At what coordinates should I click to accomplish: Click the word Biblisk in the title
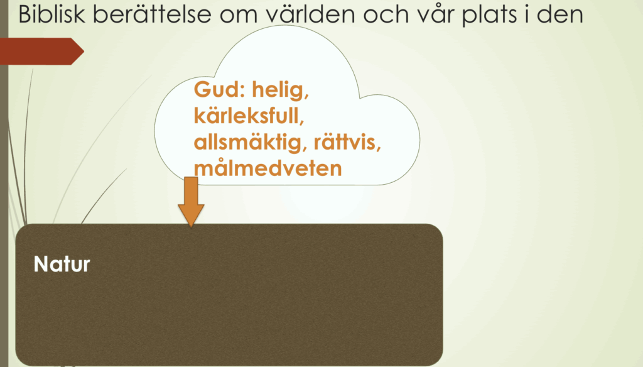click(51, 14)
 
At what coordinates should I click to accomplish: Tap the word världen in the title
click(311, 14)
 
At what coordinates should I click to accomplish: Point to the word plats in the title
click(487, 15)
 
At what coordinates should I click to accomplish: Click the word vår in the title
click(435, 14)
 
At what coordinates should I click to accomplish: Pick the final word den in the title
click(560, 14)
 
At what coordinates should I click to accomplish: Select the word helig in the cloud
click(281, 90)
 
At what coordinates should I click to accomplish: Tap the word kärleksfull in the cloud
click(249, 116)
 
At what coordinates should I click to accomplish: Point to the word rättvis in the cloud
click(347, 142)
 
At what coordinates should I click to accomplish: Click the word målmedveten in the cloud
click(267, 168)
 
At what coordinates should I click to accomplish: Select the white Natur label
click(62, 264)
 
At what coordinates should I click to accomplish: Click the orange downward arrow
click(191, 202)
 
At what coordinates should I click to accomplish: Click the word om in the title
click(238, 16)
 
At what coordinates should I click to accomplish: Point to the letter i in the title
click(524, 14)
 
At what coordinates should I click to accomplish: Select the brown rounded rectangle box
click(229, 294)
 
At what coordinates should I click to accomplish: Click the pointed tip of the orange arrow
click(191, 227)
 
